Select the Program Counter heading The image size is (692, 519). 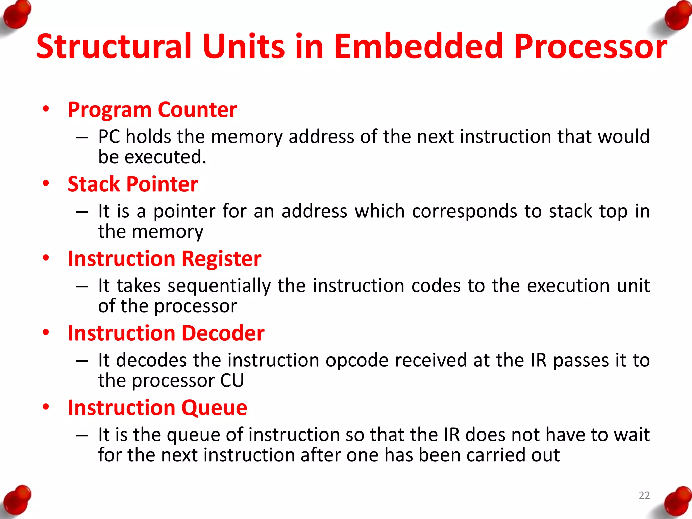click(x=152, y=109)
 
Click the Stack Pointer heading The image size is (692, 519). click(x=133, y=184)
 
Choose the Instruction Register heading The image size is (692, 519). click(x=165, y=259)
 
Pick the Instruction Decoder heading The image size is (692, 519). click(x=166, y=333)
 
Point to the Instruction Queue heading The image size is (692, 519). click(x=157, y=407)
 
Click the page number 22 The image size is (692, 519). click(x=644, y=495)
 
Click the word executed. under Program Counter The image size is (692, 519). click(x=166, y=157)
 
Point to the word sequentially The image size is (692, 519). click(x=219, y=286)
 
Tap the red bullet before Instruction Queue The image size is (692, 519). click(x=46, y=406)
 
